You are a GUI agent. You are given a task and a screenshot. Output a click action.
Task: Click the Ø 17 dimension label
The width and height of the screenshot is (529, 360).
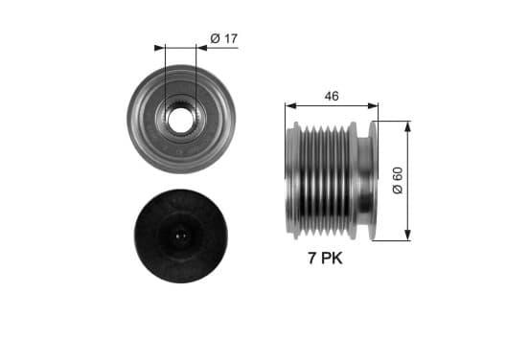coord(224,38)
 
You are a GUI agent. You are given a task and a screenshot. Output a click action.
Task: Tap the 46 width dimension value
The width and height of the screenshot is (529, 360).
coord(332,97)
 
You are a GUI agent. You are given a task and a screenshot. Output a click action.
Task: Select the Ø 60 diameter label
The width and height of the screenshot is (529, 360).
coord(398,180)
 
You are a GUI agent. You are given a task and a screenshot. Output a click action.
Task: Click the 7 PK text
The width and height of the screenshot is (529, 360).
coord(325,259)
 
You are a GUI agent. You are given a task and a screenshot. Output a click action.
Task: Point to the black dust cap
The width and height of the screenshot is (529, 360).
coord(181,236)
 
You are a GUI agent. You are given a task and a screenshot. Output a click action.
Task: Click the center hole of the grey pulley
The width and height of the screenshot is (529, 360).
coord(180,120)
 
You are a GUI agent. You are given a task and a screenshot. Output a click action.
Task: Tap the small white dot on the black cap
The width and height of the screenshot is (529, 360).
coord(180,236)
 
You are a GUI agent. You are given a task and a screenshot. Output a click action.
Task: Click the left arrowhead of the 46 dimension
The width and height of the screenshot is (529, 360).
coord(290,106)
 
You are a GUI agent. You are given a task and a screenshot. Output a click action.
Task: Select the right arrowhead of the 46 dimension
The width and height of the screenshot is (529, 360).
coord(373,106)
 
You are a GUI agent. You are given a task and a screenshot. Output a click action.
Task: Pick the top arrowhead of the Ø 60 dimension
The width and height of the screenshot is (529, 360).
coord(408,126)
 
